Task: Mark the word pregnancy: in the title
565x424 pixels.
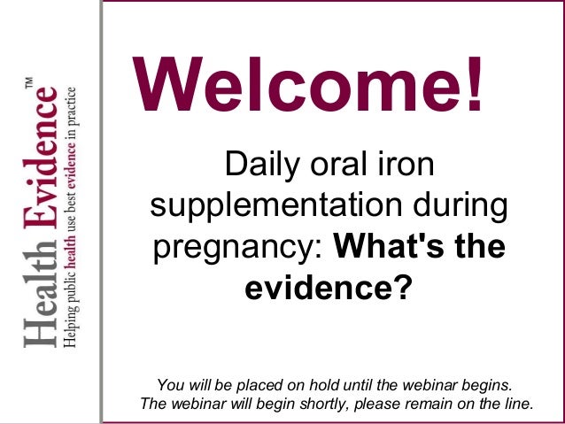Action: [x=237, y=249]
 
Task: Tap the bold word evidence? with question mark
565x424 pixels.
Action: [x=328, y=288]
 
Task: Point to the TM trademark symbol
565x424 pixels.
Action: [x=29, y=82]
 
